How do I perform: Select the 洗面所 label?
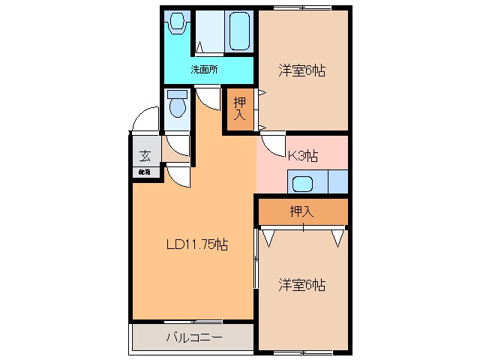point(203,70)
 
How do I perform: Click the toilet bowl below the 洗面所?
point(177,106)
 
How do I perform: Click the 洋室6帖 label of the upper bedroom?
point(302,71)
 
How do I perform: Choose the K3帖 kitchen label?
point(302,156)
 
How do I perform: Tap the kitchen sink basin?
point(304,183)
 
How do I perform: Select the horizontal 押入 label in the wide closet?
point(301,212)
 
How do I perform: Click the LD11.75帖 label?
point(196,244)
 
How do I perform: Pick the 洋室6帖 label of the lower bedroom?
point(302,285)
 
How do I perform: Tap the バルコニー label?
point(193,337)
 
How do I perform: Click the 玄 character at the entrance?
point(144,157)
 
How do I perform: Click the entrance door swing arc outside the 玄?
point(142,121)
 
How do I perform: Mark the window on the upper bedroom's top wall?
point(303,8)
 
